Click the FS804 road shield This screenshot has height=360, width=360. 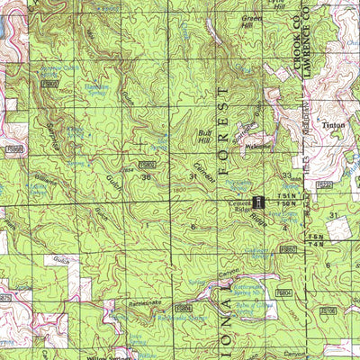tap(284, 292)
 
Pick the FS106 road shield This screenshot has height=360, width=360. tap(328, 310)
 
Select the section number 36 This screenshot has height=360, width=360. tap(146, 177)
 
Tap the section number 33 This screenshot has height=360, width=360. tap(286, 176)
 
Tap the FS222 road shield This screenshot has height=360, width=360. tap(326, 184)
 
